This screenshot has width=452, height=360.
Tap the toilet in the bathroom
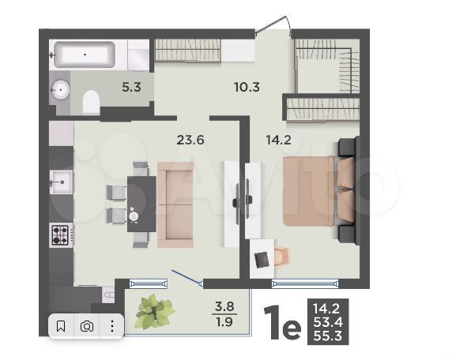[90, 100]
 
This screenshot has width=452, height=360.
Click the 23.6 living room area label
[190, 141]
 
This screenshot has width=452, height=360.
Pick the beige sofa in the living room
[175, 204]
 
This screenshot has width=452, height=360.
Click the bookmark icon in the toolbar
[61, 325]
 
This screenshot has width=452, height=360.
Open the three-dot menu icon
[112, 325]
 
